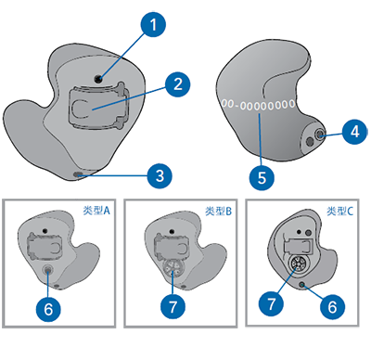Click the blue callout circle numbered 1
(x=153, y=25)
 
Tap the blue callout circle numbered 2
(x=178, y=84)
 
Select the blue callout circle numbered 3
(x=160, y=176)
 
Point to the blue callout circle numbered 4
(x=355, y=132)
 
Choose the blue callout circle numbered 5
(x=262, y=178)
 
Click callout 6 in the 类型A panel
(x=48, y=309)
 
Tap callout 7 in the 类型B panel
(x=173, y=306)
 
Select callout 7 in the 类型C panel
(x=271, y=303)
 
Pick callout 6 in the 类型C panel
(x=332, y=306)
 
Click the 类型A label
(x=96, y=211)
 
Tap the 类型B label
(x=218, y=211)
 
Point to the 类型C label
(x=340, y=211)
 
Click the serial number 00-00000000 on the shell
(x=258, y=105)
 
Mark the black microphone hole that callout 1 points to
(x=98, y=80)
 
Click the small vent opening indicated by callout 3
(x=77, y=175)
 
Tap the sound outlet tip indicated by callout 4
(x=319, y=135)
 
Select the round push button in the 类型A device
(x=48, y=270)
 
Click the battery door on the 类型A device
(x=45, y=245)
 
